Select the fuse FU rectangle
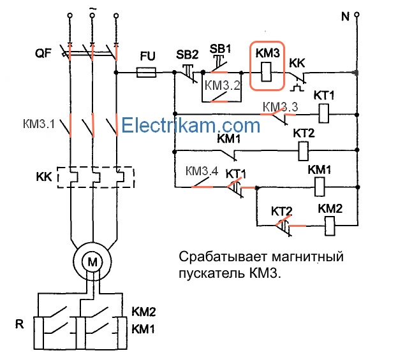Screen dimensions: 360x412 [x=148, y=73]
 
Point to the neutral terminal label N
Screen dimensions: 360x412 [x=345, y=16]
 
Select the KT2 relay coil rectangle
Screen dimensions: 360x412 [x=304, y=151]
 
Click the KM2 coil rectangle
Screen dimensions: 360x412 [x=330, y=225]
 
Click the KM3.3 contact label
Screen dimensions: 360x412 [x=280, y=106]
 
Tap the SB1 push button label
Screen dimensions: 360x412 [x=221, y=48]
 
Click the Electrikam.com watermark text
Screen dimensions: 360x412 [x=191, y=124]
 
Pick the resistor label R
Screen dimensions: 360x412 [x=19, y=324]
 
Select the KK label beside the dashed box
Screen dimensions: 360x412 [x=44, y=175]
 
